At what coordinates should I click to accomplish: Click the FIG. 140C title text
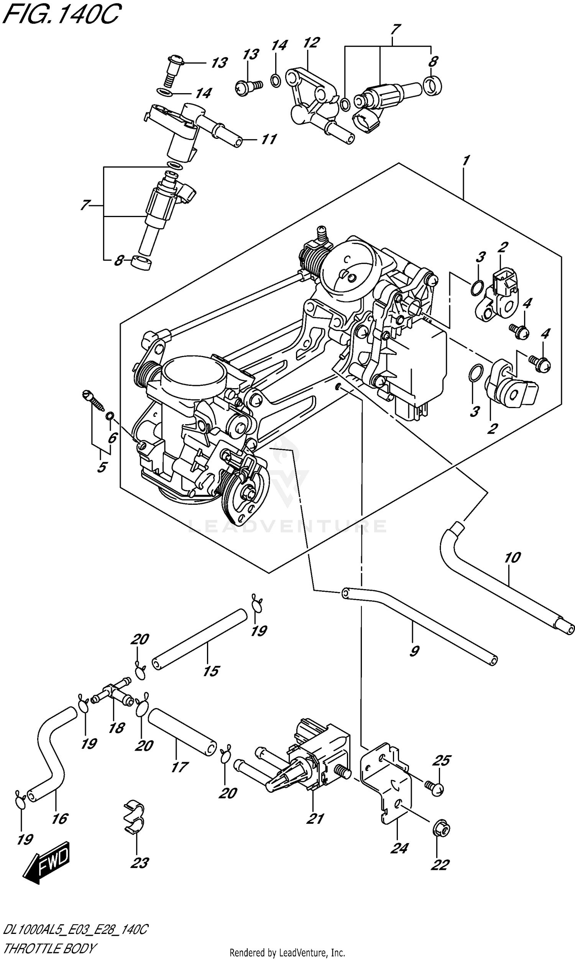(x=62, y=15)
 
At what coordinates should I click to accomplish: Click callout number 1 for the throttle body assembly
(x=466, y=160)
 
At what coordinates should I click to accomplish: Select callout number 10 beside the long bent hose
(x=512, y=557)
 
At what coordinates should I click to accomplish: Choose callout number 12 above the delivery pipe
(x=312, y=43)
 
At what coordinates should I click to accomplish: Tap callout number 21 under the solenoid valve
(x=315, y=818)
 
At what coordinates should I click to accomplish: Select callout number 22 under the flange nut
(x=440, y=864)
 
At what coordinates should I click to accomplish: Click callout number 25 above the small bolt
(x=441, y=761)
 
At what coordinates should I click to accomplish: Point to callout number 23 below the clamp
(x=140, y=863)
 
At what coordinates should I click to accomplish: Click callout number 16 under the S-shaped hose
(x=60, y=818)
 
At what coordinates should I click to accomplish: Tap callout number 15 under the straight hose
(x=211, y=671)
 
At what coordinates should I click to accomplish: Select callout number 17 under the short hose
(x=179, y=767)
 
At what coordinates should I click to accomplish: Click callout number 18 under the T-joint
(x=116, y=728)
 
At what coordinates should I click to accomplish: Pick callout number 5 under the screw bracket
(x=102, y=467)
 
